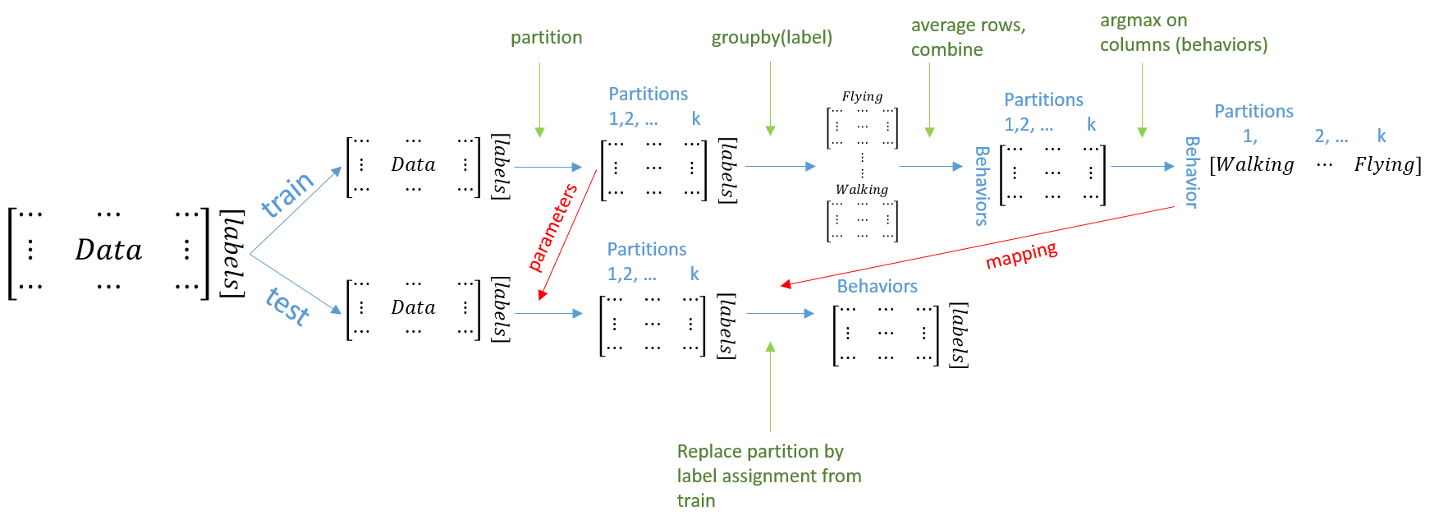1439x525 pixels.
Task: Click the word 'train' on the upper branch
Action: point(287,195)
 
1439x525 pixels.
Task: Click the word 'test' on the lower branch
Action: point(288,306)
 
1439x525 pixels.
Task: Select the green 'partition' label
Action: point(546,38)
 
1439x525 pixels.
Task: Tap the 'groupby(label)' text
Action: point(771,38)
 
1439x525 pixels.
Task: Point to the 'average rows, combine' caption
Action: point(967,37)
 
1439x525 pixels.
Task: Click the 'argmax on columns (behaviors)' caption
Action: point(1183,33)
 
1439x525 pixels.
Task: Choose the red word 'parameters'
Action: point(552,228)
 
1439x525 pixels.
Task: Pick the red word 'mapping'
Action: point(1021,256)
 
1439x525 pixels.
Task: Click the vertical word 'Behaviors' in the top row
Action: point(982,186)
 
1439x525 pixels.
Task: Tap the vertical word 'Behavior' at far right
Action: point(1192,173)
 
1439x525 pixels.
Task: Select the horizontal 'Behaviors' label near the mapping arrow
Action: point(877,287)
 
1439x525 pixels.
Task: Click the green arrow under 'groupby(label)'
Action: point(770,99)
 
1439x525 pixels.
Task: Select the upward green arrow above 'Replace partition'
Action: point(770,386)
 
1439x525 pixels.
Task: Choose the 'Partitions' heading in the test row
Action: point(646,250)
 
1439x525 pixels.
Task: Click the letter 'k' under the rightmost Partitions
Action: point(1382,136)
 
